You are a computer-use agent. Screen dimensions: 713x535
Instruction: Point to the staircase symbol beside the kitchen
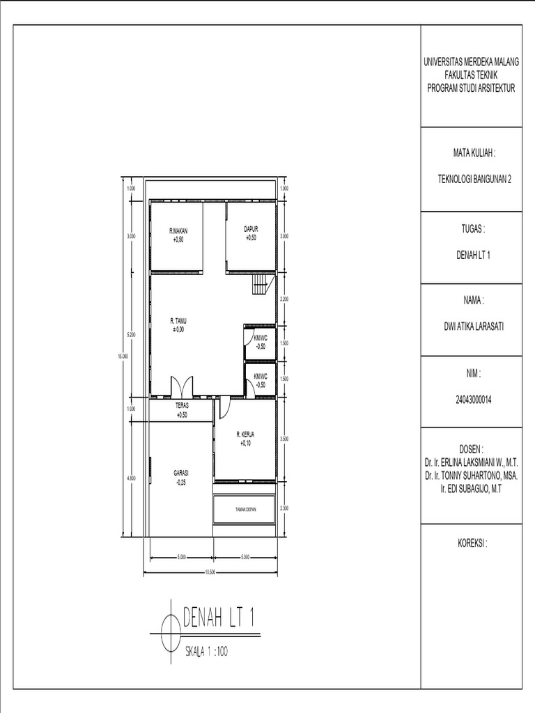coord(261,285)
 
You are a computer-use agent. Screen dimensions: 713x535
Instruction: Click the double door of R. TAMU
coord(183,386)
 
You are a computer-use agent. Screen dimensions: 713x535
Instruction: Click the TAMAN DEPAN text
coord(245,510)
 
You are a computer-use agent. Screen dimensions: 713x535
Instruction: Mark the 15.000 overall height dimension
coord(124,356)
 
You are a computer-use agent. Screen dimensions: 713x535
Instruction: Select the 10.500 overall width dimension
coord(210,572)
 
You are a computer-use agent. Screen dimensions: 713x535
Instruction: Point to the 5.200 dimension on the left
coord(131,335)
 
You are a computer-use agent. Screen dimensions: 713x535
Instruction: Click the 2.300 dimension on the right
coord(284,509)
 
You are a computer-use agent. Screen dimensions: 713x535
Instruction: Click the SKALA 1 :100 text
coord(206,652)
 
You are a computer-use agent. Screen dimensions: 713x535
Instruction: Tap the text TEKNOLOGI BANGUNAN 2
coord(473,179)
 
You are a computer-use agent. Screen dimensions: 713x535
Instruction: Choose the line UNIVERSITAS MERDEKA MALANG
coord(472,63)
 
